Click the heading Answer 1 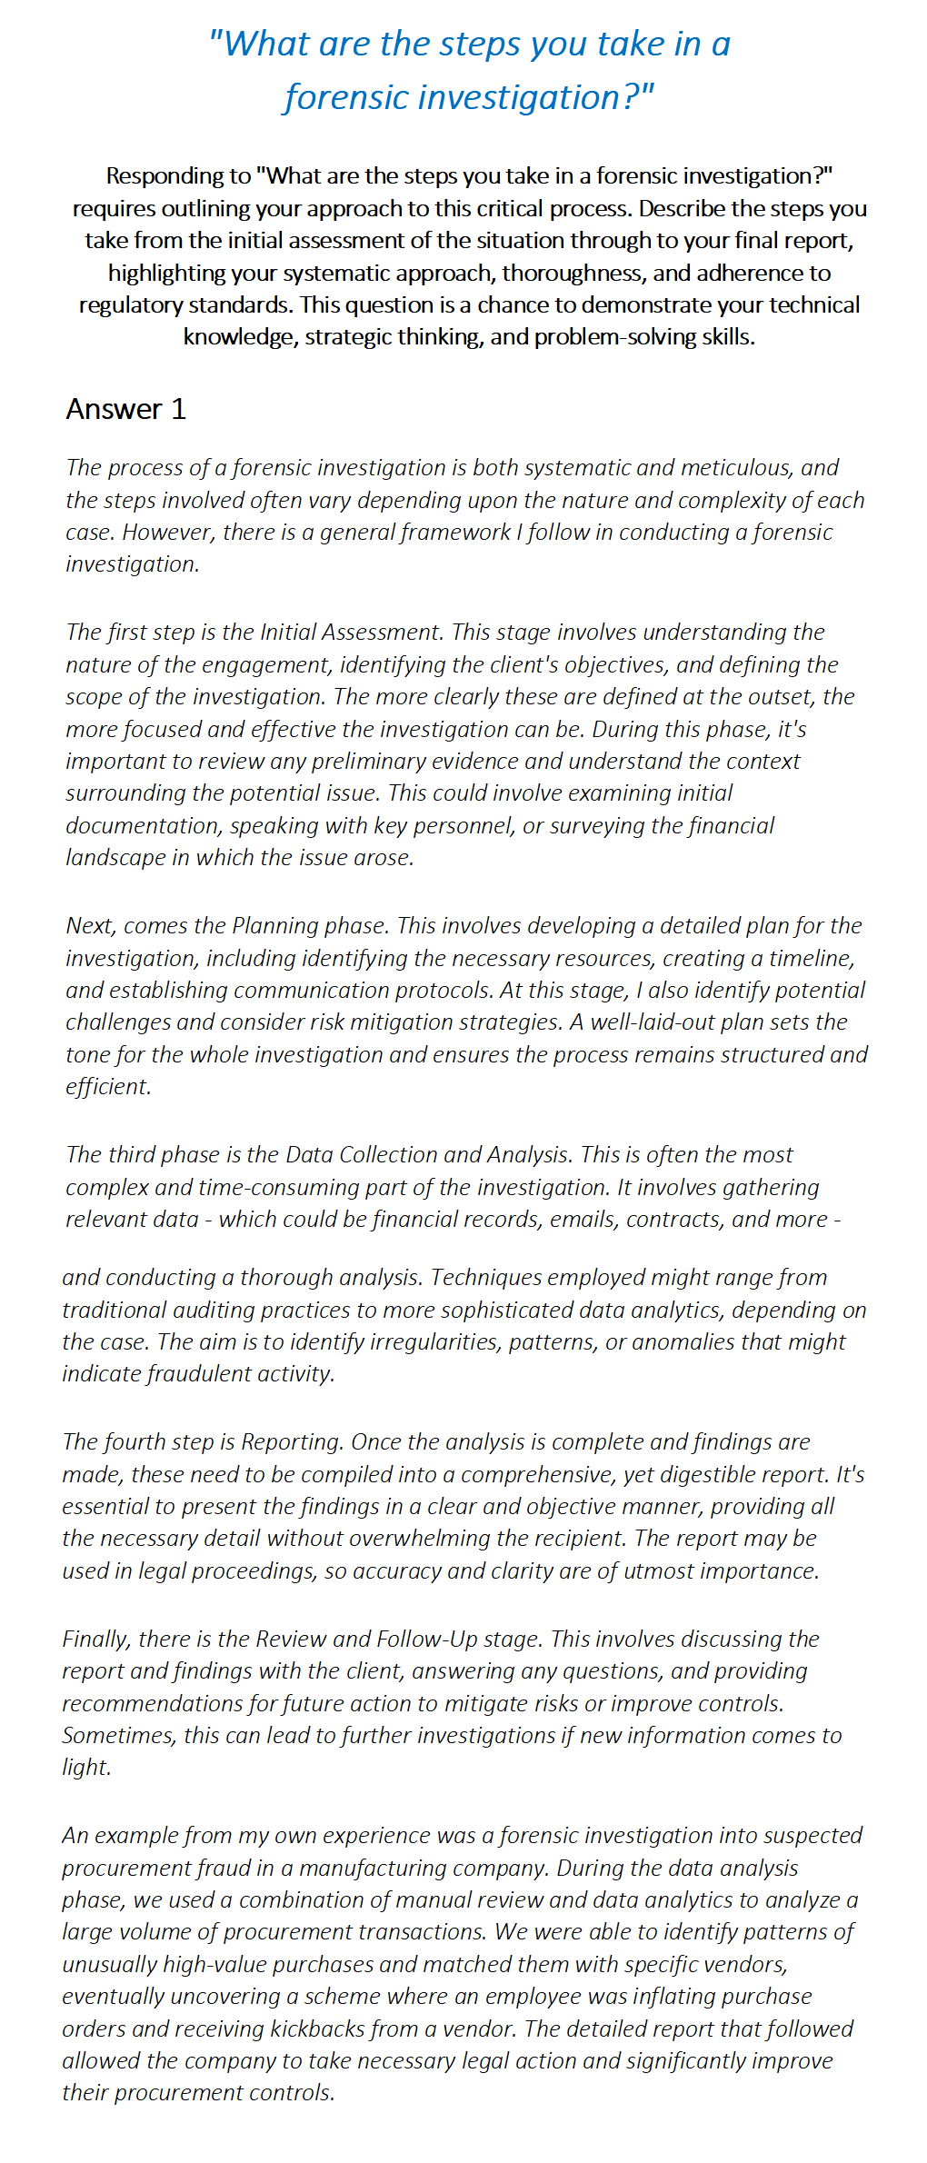coord(125,409)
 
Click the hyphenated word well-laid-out coord(651,1022)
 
